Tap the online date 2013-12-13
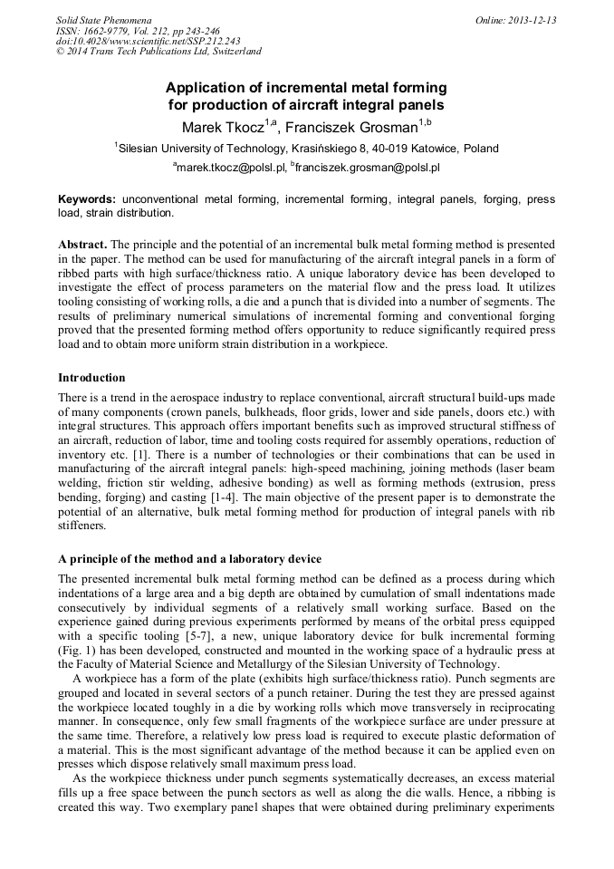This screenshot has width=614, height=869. pos(528,20)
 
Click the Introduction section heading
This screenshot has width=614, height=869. pos(91,377)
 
